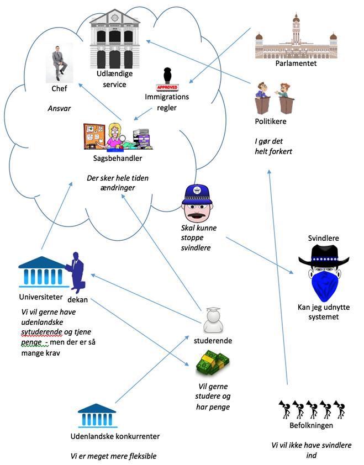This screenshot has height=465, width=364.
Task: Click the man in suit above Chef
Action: click(x=59, y=64)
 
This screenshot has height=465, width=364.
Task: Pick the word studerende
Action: click(x=213, y=341)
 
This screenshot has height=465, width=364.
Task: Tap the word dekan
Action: click(x=78, y=300)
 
